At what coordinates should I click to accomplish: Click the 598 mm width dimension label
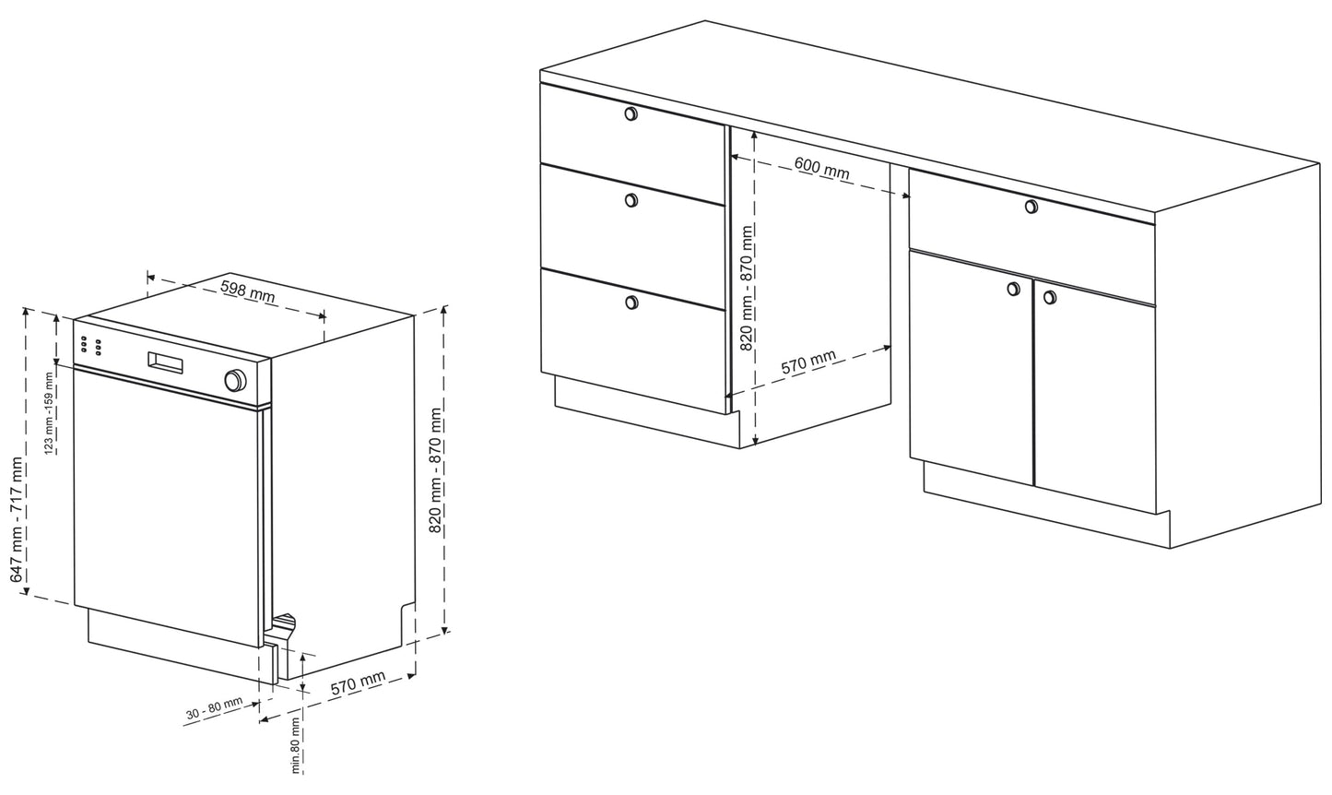(248, 291)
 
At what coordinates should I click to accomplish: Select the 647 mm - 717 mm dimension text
(18, 519)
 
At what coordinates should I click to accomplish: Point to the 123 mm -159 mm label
(50, 412)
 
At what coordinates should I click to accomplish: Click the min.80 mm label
(296, 744)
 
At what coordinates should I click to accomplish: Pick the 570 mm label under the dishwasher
(358, 682)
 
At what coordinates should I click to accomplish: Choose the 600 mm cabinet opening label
(822, 167)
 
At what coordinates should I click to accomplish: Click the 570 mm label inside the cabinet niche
(808, 362)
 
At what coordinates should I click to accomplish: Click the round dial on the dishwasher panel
(235, 380)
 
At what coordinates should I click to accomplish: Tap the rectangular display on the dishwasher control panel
(166, 362)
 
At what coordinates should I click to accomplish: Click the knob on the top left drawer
(631, 113)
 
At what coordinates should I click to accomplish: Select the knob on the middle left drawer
(631, 200)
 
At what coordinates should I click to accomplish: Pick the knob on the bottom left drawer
(631, 303)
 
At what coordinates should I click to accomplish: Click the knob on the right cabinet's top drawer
(1031, 207)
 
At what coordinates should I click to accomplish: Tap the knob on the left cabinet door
(1013, 290)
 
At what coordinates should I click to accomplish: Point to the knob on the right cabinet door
(1050, 296)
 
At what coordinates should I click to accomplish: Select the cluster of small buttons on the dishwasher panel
(89, 346)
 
